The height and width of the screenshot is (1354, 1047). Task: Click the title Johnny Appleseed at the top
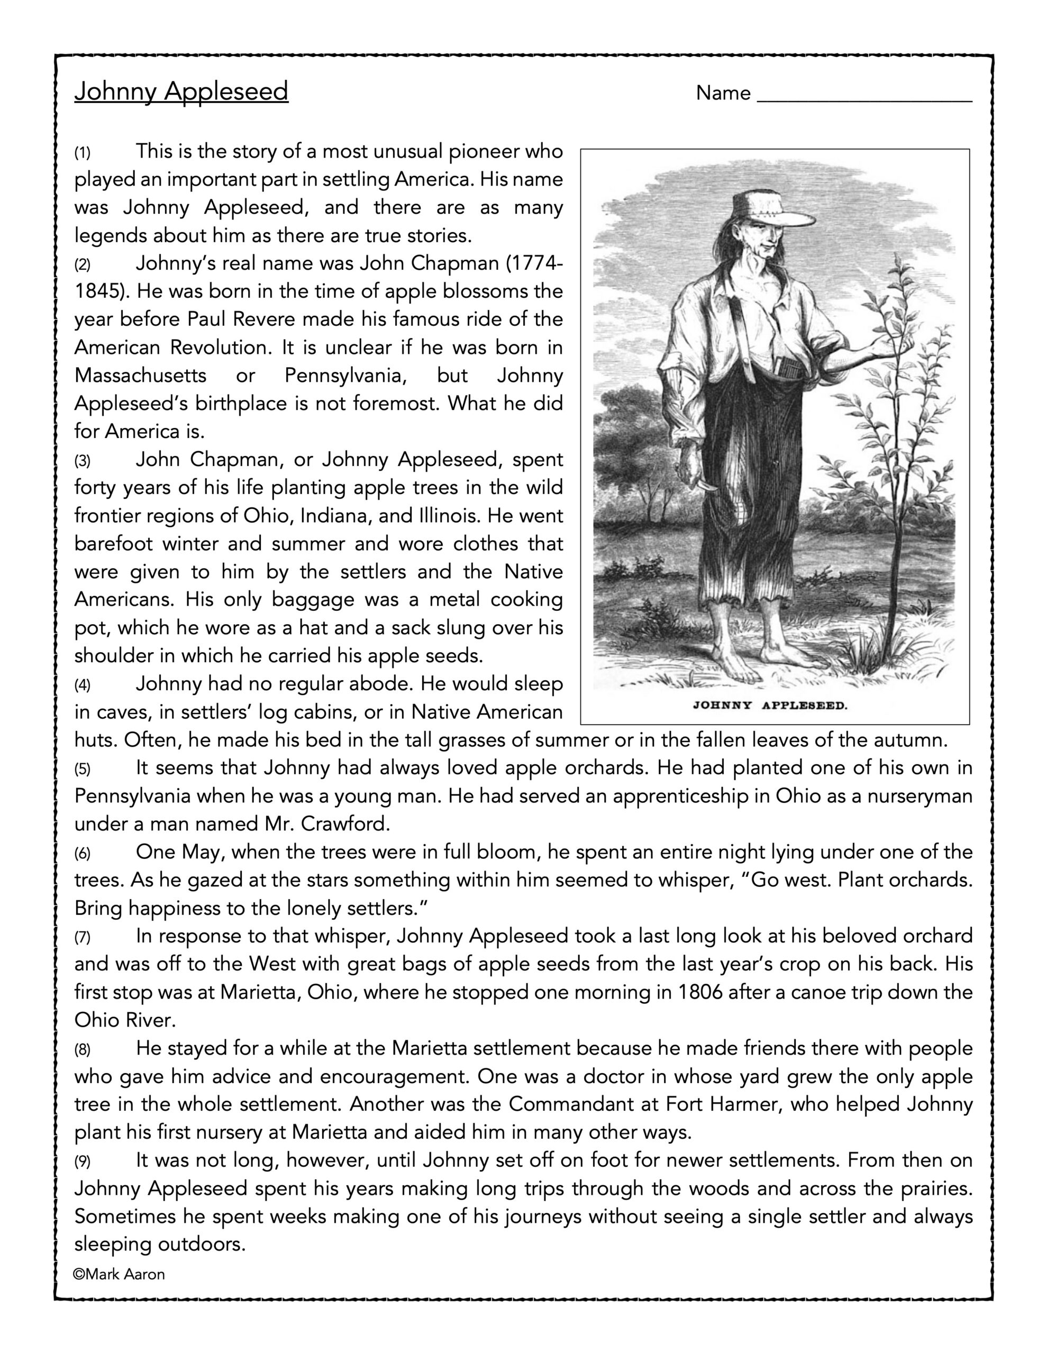[x=181, y=91]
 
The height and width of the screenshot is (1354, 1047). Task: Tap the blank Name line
[x=864, y=94]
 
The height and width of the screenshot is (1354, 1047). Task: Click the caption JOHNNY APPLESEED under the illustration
[x=769, y=705]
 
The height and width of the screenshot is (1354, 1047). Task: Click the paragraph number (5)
[x=83, y=770]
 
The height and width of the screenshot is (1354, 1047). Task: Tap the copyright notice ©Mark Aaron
[x=119, y=1274]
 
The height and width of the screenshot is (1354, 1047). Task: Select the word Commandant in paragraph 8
[x=579, y=1104]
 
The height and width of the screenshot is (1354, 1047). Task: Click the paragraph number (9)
[x=83, y=1161]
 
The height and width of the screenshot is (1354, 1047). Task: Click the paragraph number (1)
[x=83, y=152]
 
